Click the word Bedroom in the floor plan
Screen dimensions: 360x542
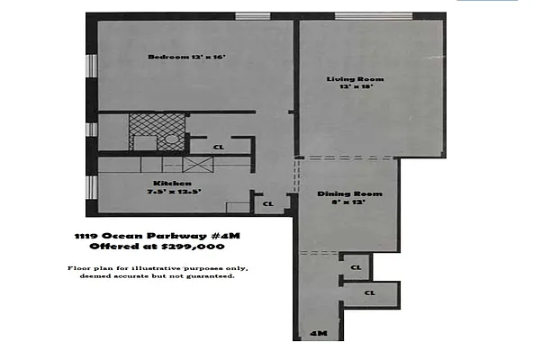[x=168, y=57]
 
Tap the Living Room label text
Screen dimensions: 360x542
[x=349, y=79]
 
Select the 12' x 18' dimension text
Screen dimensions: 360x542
[x=349, y=87]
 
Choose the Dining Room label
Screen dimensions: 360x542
[x=349, y=193]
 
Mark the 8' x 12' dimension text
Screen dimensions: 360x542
[x=349, y=202]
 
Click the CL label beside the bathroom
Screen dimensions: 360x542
[x=219, y=147]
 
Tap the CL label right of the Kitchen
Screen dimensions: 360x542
[x=267, y=204]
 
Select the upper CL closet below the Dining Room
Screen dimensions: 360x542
[x=356, y=267]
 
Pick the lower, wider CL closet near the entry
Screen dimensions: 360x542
[x=370, y=292]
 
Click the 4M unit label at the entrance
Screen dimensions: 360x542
[x=317, y=334]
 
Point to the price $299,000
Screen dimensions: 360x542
[x=194, y=246]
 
